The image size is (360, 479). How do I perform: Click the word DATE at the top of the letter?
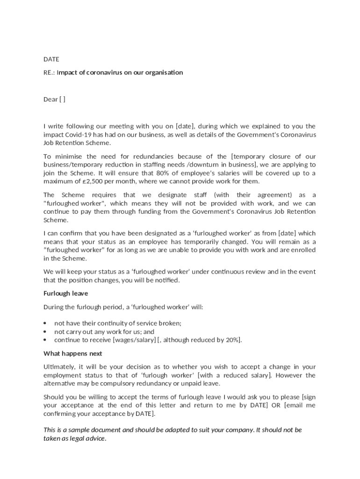[x=51, y=59]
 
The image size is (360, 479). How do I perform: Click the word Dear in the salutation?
[x=50, y=99]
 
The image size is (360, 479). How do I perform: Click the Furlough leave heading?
[x=66, y=294]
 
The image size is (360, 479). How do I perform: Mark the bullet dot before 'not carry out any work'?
[x=45, y=332]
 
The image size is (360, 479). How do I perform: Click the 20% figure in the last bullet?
[x=232, y=340]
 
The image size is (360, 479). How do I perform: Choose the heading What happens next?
[x=73, y=354]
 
